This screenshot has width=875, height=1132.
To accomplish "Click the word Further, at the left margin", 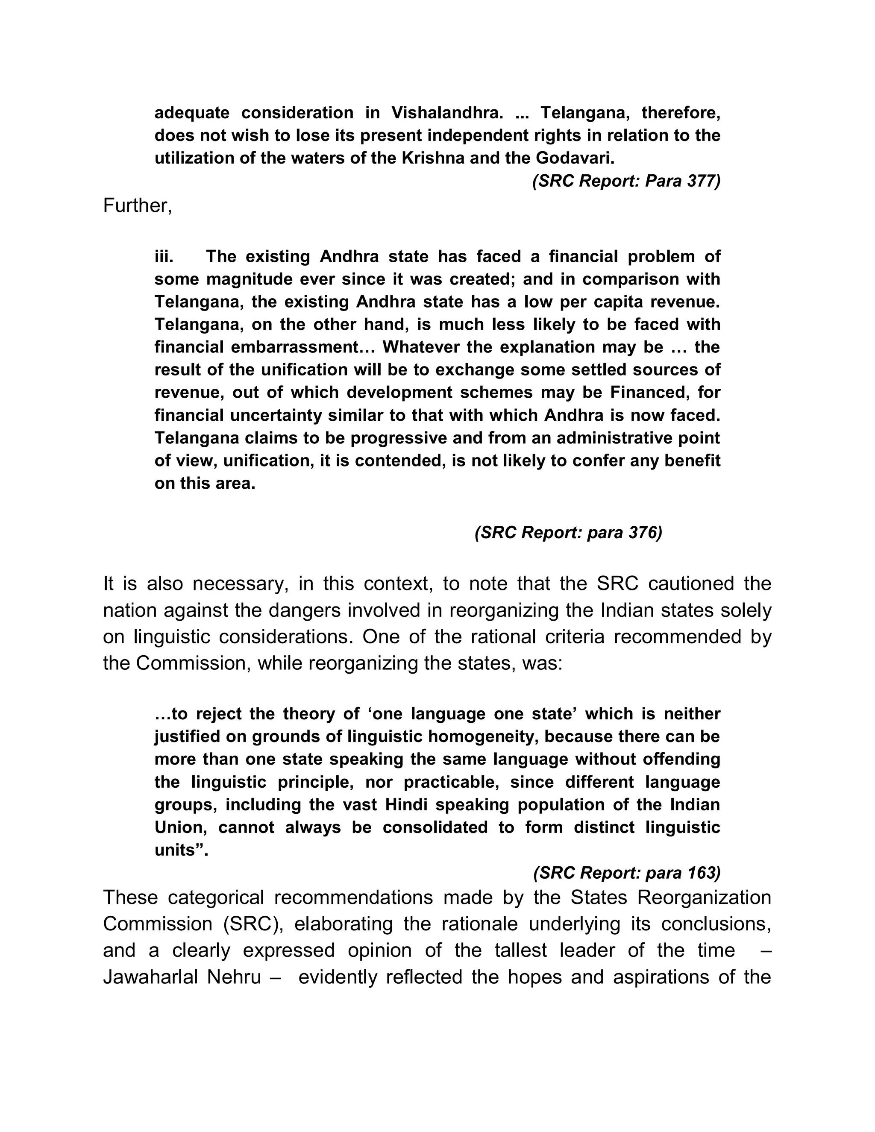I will tap(138, 206).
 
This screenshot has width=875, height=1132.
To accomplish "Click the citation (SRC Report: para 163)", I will tap(627, 874).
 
